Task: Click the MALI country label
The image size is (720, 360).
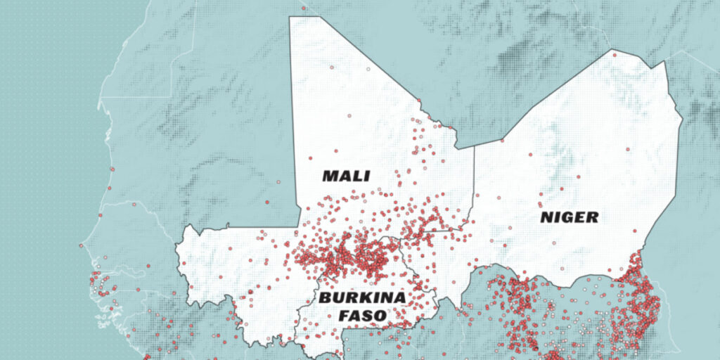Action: tap(346, 176)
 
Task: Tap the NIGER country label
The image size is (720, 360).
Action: tap(570, 217)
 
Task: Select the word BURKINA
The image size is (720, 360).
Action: tap(363, 297)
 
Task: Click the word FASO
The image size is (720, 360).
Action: tap(363, 316)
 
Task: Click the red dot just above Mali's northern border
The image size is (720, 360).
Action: tap(304, 8)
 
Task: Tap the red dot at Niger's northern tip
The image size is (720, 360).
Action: tap(614, 53)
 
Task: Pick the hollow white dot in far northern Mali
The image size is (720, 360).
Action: tap(367, 70)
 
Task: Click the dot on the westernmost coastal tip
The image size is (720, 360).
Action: tap(82, 245)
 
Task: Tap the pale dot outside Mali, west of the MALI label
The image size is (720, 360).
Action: tap(278, 182)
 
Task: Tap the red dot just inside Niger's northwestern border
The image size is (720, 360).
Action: tap(503, 140)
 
